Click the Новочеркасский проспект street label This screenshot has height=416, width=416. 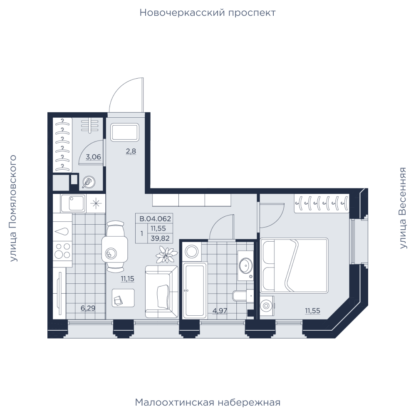point(208,13)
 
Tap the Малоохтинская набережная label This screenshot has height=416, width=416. point(208,402)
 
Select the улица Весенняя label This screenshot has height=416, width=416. point(403,208)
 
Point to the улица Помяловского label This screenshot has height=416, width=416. point(13,208)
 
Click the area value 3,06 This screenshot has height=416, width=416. point(93,157)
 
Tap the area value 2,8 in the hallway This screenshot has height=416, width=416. point(131,151)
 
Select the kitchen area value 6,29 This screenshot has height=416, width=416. point(88,308)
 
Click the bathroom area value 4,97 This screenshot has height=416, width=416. point(220,310)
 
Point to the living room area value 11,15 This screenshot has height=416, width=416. point(127,279)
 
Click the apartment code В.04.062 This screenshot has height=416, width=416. point(155,219)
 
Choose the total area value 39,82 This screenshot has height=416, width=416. point(160,238)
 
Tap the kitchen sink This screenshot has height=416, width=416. point(73,203)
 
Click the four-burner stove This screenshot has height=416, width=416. point(62,251)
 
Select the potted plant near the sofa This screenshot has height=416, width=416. point(166,255)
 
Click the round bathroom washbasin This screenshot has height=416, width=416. point(246,265)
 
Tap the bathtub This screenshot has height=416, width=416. point(195,290)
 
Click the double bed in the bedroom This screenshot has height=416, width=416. point(294,265)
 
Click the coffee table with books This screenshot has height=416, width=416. point(123,298)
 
